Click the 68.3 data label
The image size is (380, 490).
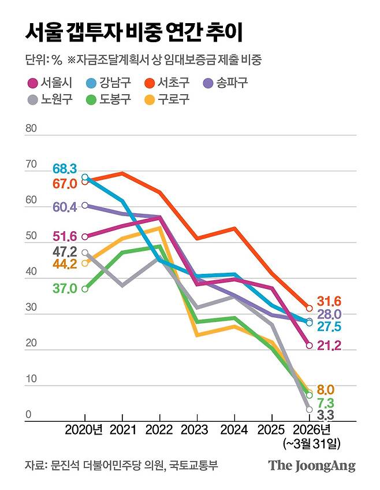click(x=64, y=169)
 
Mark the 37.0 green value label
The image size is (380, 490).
click(x=64, y=288)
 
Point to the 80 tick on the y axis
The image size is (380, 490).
click(x=31, y=128)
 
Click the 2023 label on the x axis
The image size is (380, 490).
click(x=197, y=430)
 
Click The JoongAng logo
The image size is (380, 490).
click(x=311, y=466)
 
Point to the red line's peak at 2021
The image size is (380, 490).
click(x=122, y=173)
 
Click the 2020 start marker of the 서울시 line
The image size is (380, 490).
click(x=85, y=236)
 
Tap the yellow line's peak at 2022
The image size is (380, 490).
click(x=159, y=228)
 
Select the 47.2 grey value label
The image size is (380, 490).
click(x=64, y=251)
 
